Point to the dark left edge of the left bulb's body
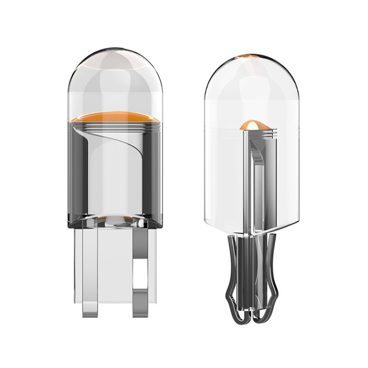(x=75, y=173)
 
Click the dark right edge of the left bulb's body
(x=158, y=173)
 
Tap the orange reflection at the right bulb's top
(x=251, y=56)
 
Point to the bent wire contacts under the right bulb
(x=251, y=279)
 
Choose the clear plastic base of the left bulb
(x=115, y=263)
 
